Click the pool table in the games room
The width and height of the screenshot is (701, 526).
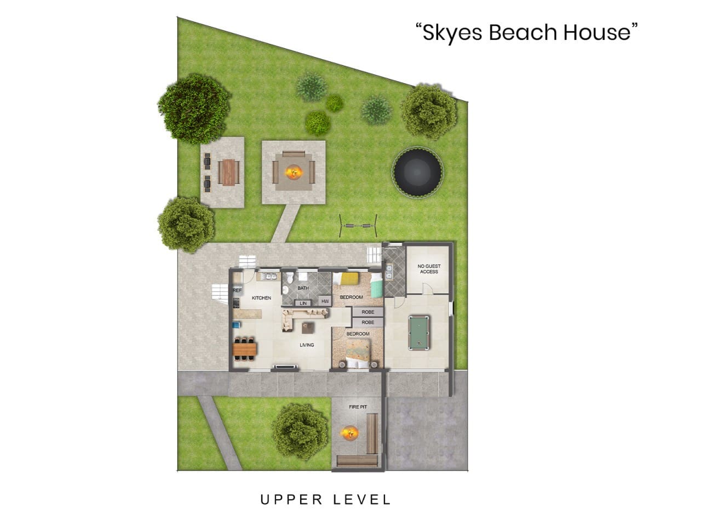pos(418,333)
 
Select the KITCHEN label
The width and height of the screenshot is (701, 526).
pos(261,298)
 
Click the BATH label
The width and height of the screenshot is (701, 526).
pos(303,288)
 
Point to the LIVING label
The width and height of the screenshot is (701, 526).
pos(307,345)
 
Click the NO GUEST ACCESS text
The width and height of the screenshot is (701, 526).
pos(429,269)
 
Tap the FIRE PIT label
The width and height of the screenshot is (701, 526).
pos(358,407)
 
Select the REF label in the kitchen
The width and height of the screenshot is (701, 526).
pos(237,290)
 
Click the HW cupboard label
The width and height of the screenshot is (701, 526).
pos(325,301)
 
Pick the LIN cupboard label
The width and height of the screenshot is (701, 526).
pos(303,303)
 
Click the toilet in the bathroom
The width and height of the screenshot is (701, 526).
pos(285,289)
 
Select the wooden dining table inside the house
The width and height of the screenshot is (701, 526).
pos(245,348)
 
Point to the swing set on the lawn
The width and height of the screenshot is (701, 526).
pos(359,224)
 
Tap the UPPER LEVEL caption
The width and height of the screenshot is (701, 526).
pos(325,500)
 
